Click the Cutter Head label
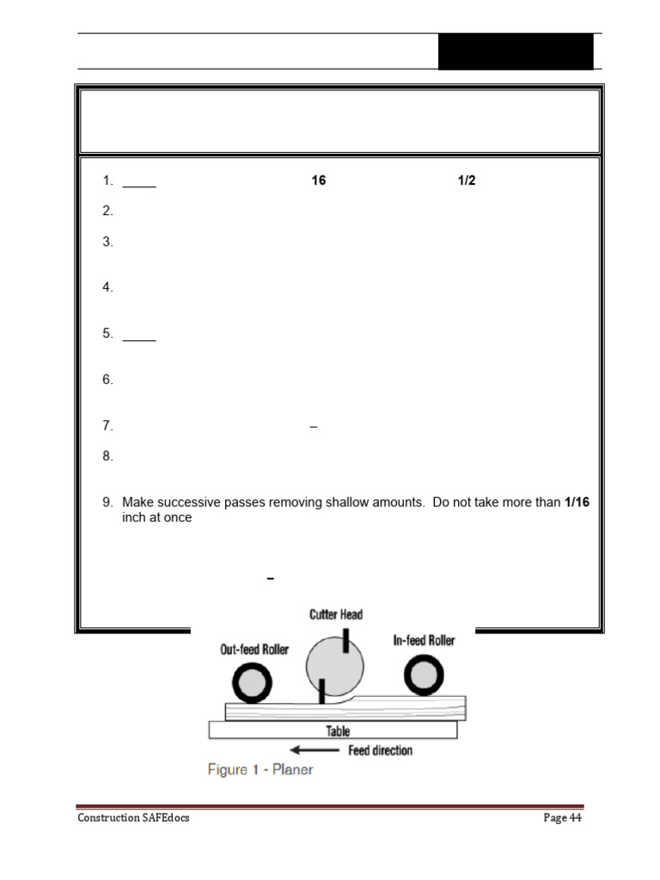[x=336, y=614]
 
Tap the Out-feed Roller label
[x=254, y=650]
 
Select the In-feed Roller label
[x=424, y=640]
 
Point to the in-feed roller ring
[x=424, y=675]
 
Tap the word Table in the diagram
[x=338, y=731]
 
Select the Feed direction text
[x=380, y=750]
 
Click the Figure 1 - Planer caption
[x=260, y=770]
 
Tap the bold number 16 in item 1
[x=319, y=181]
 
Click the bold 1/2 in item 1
[x=467, y=181]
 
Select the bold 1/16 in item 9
[x=577, y=502]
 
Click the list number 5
[x=107, y=333]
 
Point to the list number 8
[x=107, y=456]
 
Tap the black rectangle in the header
[x=516, y=52]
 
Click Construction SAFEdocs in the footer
[x=133, y=818]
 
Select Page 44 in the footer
[x=563, y=818]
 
